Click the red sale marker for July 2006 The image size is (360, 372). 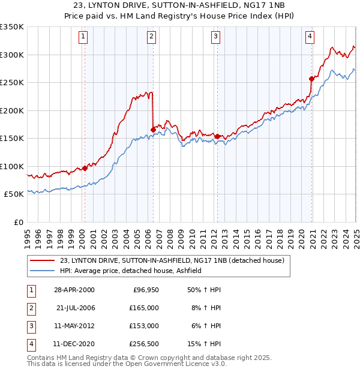153,130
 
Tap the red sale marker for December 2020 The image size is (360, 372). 311,79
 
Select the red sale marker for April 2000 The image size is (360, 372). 85,168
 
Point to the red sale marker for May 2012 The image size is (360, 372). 217,136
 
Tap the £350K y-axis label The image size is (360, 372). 12,27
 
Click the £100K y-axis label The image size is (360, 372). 12,166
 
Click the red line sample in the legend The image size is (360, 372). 41,260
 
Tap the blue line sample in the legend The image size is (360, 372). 41,271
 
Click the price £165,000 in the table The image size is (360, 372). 145,307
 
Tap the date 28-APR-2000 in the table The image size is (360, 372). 73,290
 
